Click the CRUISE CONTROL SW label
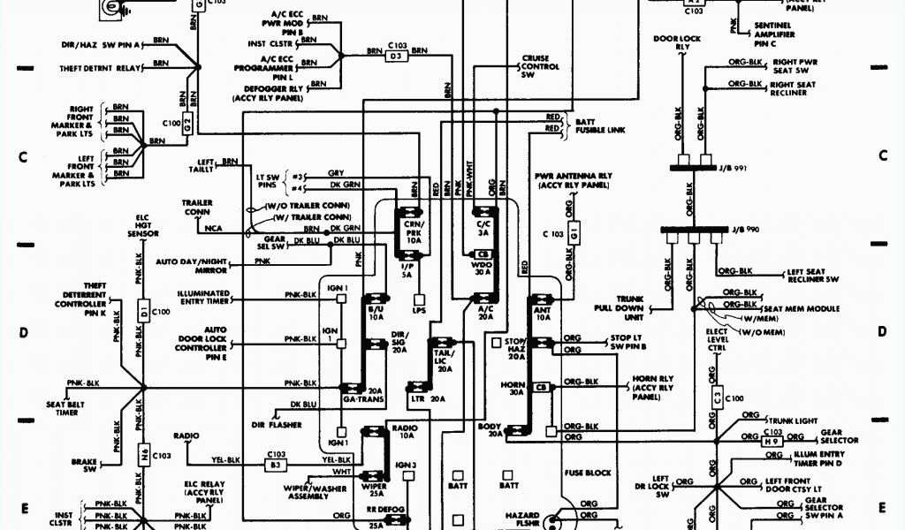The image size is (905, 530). (540, 66)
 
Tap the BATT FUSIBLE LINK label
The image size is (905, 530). (598, 125)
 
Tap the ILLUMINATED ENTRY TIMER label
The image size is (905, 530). (203, 298)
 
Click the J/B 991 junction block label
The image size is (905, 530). (746, 168)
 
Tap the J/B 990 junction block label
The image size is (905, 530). (746, 230)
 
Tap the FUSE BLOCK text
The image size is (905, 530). (588, 473)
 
